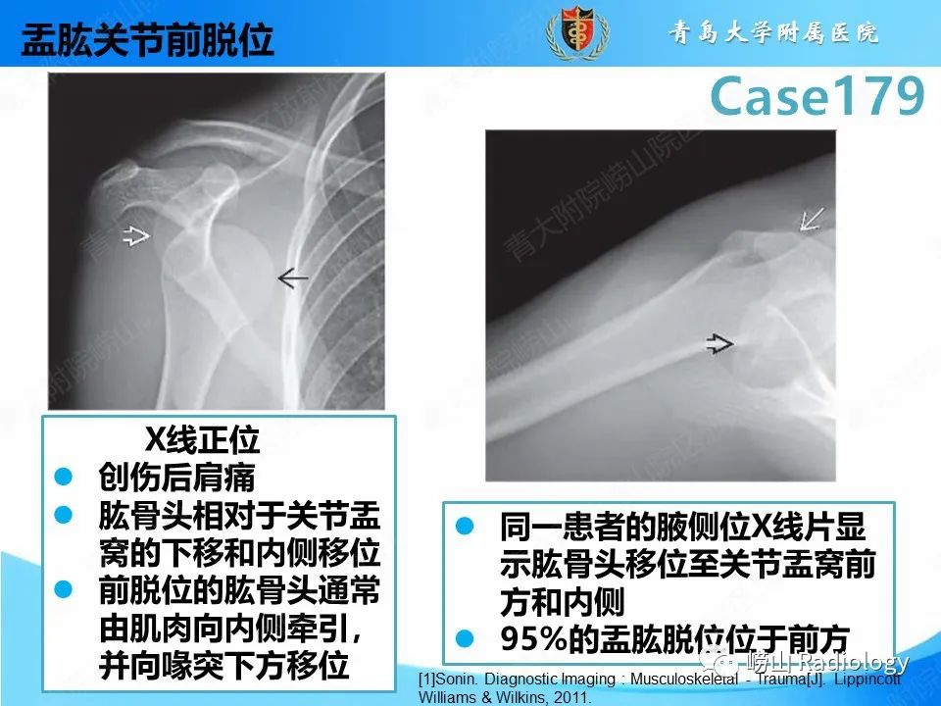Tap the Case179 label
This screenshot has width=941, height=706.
tap(817, 96)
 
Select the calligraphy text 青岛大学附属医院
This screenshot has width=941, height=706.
tap(774, 33)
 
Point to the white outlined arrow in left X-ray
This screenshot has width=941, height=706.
tap(136, 234)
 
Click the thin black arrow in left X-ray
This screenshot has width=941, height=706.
tap(292, 279)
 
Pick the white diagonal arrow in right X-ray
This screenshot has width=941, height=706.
tap(812, 218)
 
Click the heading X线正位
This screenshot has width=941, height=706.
tap(203, 438)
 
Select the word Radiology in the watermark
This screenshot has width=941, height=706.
tap(856, 661)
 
